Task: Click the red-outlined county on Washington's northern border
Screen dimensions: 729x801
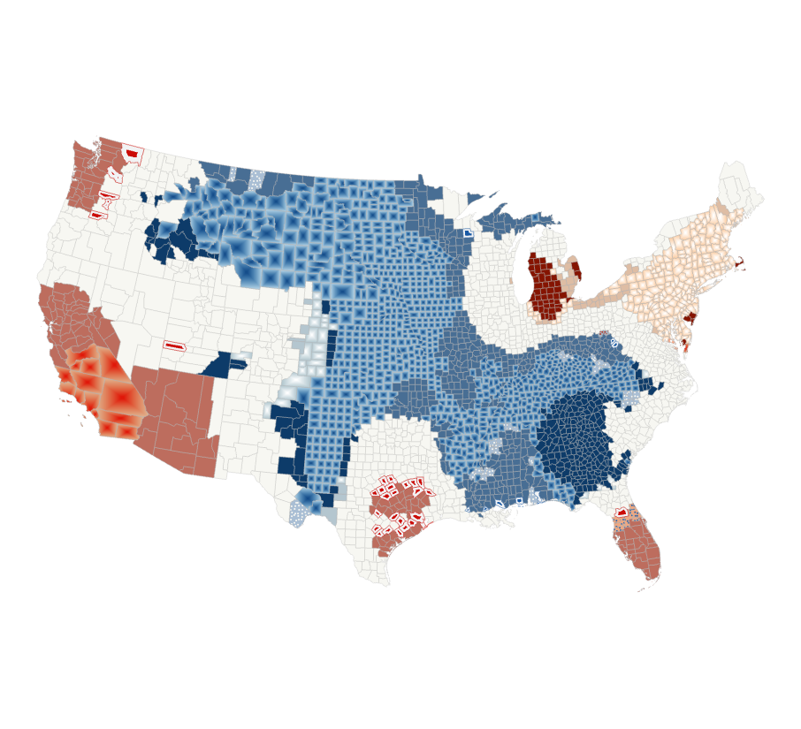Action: click(132, 154)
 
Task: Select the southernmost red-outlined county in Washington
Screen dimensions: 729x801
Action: click(96, 215)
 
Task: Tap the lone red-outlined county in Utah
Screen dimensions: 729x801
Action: click(174, 346)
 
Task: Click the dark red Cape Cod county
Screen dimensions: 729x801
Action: click(738, 263)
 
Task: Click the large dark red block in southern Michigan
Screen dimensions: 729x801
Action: click(546, 287)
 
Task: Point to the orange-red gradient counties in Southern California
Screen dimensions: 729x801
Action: click(102, 389)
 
